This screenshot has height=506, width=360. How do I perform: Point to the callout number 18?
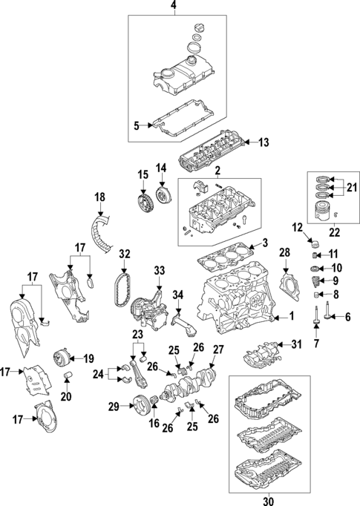(x=99, y=197)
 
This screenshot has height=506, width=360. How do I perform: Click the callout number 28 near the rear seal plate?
(x=284, y=254)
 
